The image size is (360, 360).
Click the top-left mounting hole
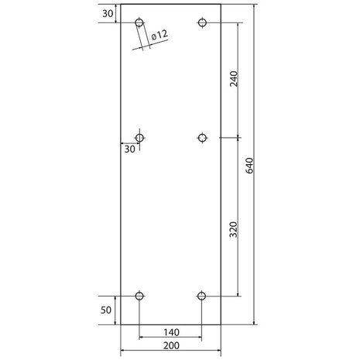coord(139,23)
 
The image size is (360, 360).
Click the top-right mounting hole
coord(202,23)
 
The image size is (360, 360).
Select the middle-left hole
coord(139,138)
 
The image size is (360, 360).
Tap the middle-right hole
coord(202,138)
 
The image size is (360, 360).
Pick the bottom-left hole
coord(139,295)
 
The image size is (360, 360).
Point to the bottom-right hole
coord(202,295)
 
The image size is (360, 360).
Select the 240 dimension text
coord(234,81)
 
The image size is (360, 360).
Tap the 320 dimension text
coord(234,230)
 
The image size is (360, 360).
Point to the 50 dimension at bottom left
coord(108,310)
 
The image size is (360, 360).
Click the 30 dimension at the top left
coord(107,13)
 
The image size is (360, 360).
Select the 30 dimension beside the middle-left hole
coord(129,149)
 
